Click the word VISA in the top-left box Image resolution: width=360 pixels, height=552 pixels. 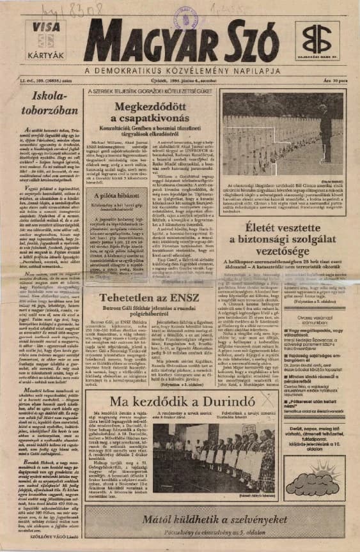[x=42, y=26]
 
